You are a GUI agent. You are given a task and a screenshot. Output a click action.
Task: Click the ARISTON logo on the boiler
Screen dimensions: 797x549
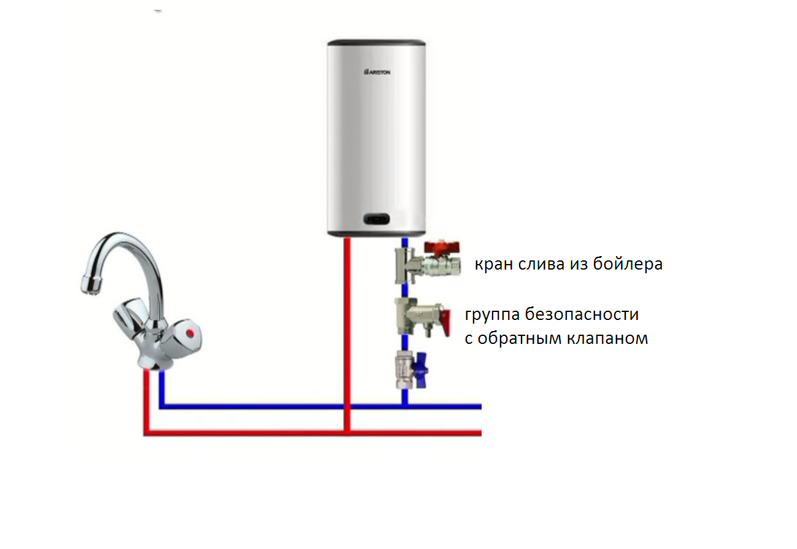pos(377,72)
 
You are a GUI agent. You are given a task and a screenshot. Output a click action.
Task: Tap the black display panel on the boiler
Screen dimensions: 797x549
pos(377,219)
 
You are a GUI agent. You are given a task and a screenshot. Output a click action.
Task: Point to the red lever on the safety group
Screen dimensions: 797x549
pos(445,322)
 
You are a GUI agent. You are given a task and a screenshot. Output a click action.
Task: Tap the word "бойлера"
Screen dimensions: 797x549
pos(628,263)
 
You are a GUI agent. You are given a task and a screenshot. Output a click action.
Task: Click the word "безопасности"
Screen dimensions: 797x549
pos(582,314)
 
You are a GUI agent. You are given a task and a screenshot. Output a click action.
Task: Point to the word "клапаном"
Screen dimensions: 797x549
pos(607,338)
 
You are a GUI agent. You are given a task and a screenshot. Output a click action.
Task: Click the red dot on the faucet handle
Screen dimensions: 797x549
pos(190,333)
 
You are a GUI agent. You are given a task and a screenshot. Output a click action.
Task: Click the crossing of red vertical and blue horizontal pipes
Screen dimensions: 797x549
pos(347,407)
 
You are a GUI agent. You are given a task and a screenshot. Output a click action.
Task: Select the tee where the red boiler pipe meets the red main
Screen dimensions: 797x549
pos(347,433)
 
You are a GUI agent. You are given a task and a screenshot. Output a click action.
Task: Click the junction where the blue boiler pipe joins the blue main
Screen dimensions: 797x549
pos(404,407)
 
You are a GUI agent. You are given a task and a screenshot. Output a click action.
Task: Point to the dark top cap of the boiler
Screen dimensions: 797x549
pos(377,43)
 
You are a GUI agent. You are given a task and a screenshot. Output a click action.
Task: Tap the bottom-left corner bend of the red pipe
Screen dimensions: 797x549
pos(147,433)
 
